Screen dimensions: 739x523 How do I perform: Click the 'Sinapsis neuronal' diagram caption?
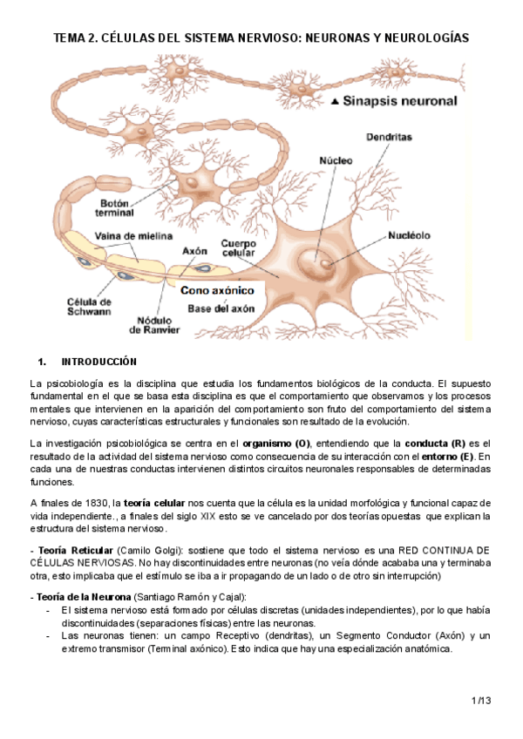(x=400, y=102)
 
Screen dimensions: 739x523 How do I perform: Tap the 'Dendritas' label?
(x=389, y=138)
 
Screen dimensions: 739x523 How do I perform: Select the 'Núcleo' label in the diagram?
(x=336, y=161)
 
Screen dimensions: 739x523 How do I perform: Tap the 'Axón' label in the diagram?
(x=194, y=250)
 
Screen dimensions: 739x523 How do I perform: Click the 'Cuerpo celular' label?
(x=237, y=249)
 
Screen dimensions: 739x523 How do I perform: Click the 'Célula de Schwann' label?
(x=89, y=307)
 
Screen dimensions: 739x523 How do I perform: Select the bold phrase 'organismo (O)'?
(x=276, y=444)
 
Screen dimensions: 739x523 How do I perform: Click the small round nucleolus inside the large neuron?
(x=325, y=261)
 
